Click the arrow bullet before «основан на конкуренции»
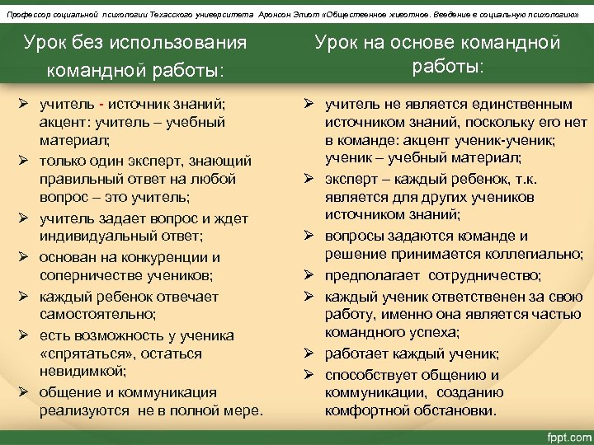(x=24, y=257)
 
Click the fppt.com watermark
(x=557, y=434)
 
